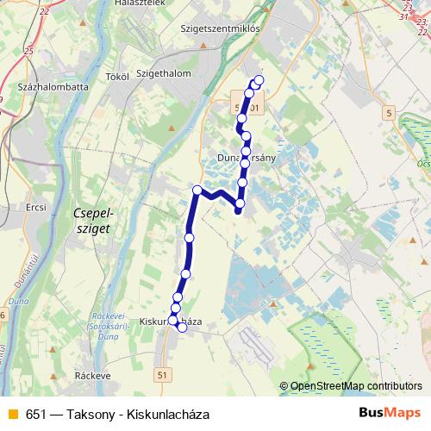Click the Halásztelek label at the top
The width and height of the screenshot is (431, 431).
141,3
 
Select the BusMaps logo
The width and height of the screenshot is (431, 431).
389,413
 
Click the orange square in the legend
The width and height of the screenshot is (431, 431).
12,414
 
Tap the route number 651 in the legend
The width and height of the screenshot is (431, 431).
36,414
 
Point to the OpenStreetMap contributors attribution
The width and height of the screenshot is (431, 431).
356,386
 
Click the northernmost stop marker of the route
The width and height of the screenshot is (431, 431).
259,82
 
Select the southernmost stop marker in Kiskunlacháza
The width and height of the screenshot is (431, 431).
182,328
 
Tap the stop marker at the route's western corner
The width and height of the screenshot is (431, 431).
197,190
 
